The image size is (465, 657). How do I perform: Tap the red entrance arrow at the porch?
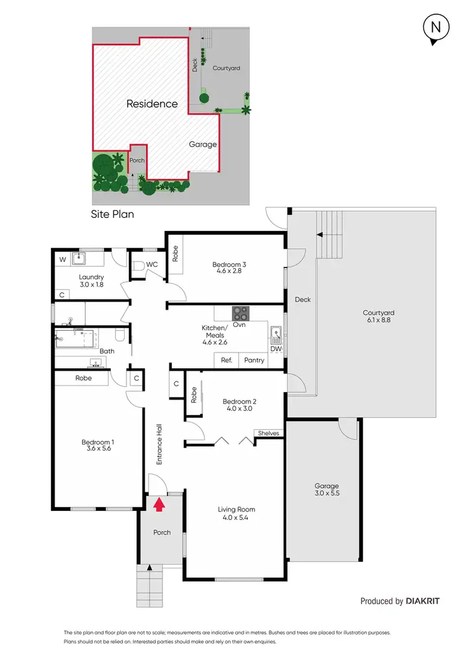[159, 505]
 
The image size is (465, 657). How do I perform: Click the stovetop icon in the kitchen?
[240, 312]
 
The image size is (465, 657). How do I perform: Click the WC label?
[152, 264]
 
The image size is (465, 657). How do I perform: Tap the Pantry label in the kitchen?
[254, 360]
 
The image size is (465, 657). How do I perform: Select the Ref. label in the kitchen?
[226, 360]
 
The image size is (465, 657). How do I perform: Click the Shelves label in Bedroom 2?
[268, 433]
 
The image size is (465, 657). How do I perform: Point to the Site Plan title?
[113, 214]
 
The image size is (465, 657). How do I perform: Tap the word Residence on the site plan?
[152, 104]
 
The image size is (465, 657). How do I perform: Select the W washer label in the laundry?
[61, 259]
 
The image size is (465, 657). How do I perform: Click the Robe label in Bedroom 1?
[84, 378]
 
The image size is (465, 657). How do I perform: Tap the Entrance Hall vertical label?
[159, 444]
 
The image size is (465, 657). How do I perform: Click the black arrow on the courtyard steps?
[320, 235]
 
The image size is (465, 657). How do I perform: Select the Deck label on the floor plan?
[303, 300]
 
